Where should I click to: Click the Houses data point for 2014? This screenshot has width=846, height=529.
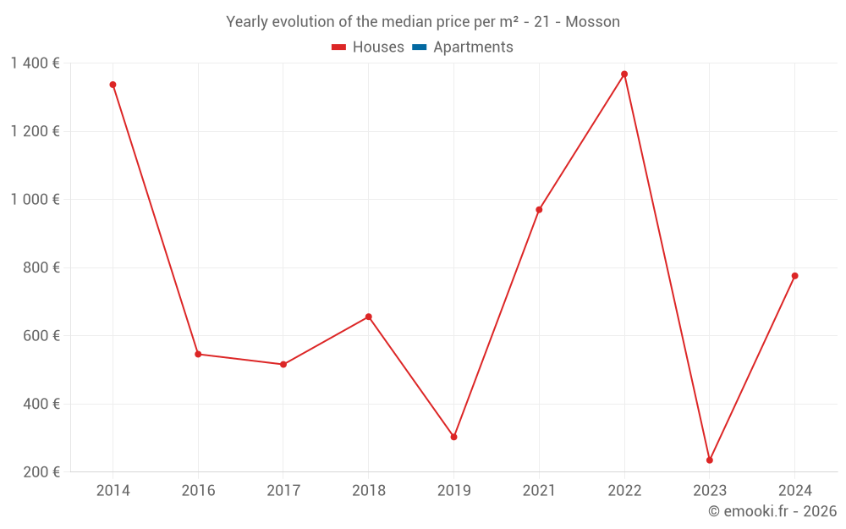113,85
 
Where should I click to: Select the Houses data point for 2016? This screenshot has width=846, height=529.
198,354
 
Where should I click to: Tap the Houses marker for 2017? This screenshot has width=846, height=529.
283,365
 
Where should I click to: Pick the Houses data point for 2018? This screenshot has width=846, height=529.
369,317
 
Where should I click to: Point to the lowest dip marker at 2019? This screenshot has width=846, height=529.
453,437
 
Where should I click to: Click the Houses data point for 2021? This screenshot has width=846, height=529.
539,210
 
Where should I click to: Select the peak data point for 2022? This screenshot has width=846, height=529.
624,74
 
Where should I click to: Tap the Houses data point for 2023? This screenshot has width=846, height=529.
710,460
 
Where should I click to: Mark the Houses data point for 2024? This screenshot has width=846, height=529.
794,276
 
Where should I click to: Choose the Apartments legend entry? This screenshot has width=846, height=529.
473,47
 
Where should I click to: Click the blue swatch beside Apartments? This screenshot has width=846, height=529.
420,47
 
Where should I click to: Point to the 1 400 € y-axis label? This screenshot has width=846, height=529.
35,63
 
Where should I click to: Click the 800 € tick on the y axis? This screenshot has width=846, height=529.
43,267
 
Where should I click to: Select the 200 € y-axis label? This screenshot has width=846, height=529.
43,472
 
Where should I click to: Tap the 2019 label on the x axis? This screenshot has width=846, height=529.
453,491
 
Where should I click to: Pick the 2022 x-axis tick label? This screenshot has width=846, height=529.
624,491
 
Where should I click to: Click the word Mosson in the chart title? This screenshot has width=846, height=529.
592,22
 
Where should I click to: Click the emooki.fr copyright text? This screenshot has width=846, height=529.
772,511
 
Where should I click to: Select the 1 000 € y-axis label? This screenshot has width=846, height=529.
35,200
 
